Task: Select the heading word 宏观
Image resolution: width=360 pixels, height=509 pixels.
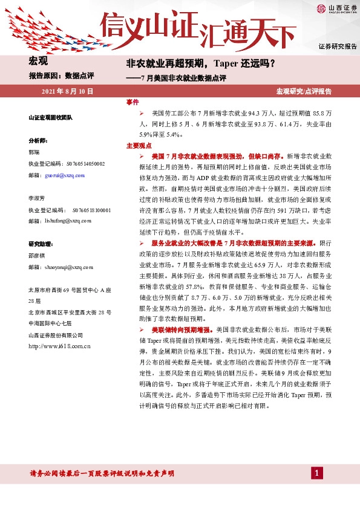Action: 39,60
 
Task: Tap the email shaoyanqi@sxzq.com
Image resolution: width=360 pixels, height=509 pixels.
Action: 64,267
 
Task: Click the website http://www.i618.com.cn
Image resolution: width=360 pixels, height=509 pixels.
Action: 59,346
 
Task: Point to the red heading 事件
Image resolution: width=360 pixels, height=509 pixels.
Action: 132,102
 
